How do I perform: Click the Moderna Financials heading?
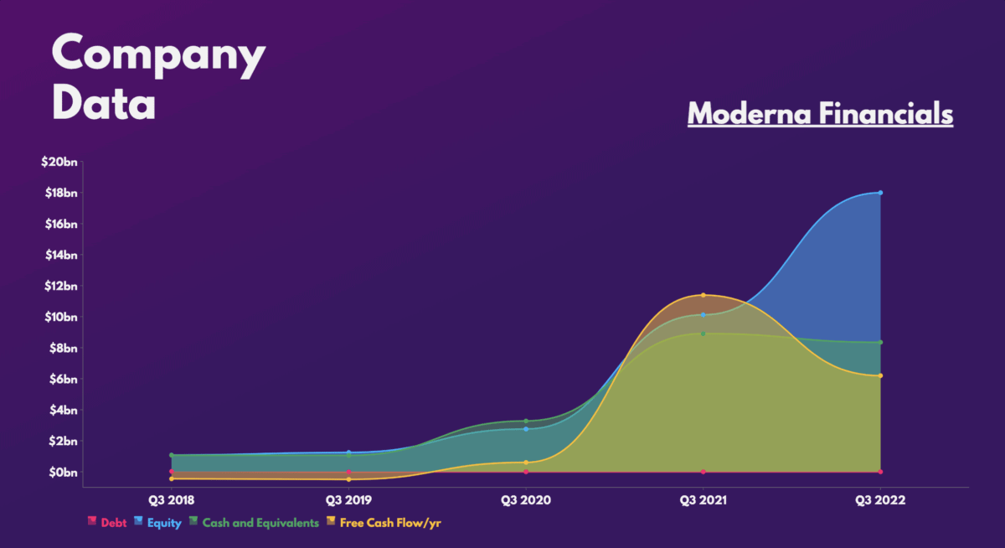(820, 114)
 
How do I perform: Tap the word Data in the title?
(104, 106)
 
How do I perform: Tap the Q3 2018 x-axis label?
(172, 500)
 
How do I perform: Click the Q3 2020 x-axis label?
(526, 500)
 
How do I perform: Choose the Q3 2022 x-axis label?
(880, 500)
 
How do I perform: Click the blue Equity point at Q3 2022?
(880, 193)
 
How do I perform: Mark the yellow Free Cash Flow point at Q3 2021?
(703, 295)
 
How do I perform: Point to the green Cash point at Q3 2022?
(880, 342)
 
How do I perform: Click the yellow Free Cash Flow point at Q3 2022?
(880, 375)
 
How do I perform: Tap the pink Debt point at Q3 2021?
(703, 472)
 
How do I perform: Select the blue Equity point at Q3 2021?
(703, 315)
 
